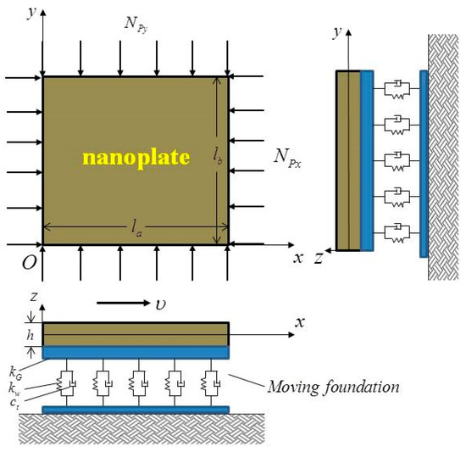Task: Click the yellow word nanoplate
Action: tap(135, 156)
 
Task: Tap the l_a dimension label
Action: tap(135, 225)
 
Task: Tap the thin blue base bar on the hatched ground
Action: tap(136, 410)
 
